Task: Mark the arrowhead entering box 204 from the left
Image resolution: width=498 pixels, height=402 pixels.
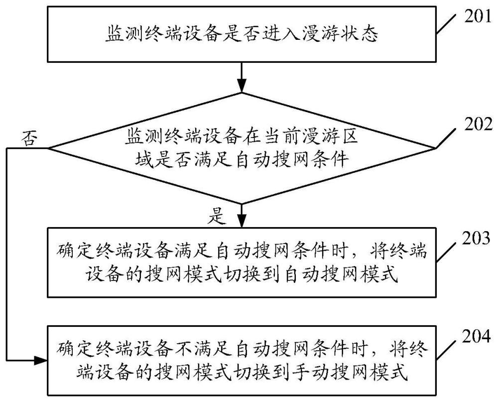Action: pos(42,359)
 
